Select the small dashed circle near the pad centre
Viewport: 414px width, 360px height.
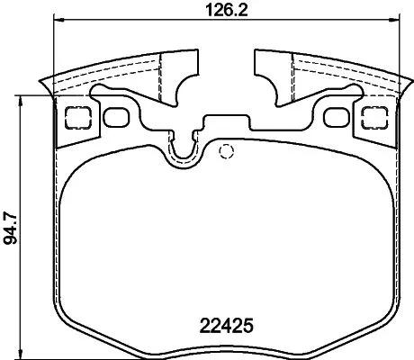point(227,149)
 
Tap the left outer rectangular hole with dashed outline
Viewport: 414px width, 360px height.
point(76,115)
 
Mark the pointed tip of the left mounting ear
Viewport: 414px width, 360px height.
point(42,86)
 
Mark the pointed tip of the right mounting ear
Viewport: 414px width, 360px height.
point(406,86)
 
